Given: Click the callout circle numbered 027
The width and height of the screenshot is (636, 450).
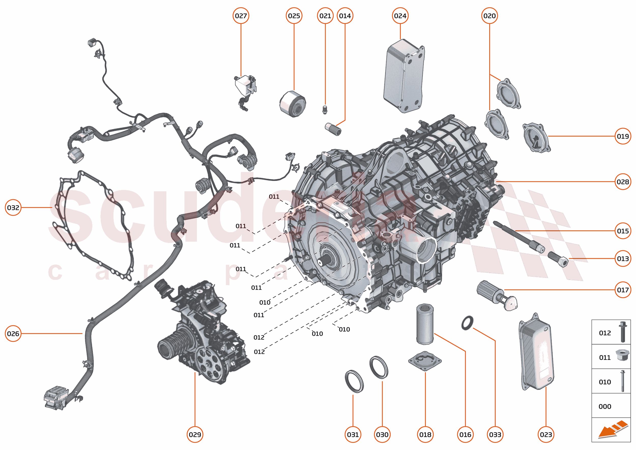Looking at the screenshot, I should click(x=241, y=16).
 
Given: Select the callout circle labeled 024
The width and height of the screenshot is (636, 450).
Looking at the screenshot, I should click(x=400, y=16).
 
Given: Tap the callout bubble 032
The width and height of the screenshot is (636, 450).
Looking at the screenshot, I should click(x=13, y=207).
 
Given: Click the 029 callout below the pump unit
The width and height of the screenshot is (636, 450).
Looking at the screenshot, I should click(x=195, y=434).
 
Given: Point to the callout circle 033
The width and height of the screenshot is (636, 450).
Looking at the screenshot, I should click(x=495, y=434).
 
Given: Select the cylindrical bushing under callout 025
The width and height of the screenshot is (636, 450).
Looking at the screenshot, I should click(x=292, y=104).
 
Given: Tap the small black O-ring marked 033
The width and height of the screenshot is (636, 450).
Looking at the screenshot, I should click(x=467, y=323).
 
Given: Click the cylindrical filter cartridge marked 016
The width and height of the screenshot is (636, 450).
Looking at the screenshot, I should click(x=425, y=324).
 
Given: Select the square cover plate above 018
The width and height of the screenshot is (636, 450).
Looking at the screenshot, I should click(x=425, y=361).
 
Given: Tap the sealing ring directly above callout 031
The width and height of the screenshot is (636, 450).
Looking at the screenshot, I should click(x=354, y=381).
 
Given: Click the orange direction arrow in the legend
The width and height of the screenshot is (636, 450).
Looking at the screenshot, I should click(x=612, y=430).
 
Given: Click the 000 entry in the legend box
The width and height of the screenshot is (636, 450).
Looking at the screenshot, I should click(x=605, y=406).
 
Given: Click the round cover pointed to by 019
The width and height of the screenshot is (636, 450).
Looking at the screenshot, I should click(x=536, y=138).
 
